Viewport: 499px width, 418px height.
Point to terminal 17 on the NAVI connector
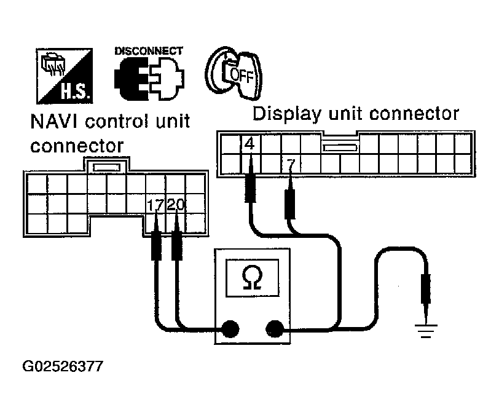pyautogui.click(x=155, y=205)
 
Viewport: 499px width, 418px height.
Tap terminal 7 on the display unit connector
pyautogui.click(x=290, y=164)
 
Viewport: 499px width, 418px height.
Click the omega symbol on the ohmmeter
pyautogui.click(x=251, y=278)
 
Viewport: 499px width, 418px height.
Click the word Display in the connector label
pyautogui.click(x=285, y=114)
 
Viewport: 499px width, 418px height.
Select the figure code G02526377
pyautogui.click(x=63, y=367)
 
